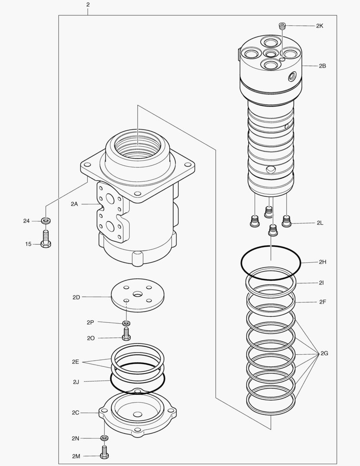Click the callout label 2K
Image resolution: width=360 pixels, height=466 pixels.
(319, 26)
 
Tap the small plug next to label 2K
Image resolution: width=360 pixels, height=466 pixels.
(282, 26)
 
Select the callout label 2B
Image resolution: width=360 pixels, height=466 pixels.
(322, 66)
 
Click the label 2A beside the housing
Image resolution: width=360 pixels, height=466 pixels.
(74, 204)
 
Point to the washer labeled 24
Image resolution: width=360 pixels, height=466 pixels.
(46, 221)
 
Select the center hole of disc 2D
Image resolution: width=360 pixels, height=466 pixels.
(137, 294)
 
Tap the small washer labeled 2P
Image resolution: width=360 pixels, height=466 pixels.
(126, 323)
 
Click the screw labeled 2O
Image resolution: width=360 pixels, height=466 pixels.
(126, 334)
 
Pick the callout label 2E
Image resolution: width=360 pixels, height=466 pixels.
(76, 362)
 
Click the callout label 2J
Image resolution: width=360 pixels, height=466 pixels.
(76, 381)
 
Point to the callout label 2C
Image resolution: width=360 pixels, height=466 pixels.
(76, 412)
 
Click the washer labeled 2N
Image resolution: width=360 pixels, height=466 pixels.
(104, 438)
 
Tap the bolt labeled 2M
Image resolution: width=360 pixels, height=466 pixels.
(104, 453)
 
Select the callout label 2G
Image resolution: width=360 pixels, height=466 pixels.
(324, 353)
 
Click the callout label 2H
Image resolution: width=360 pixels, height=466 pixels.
(322, 262)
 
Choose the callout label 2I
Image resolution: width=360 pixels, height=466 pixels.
(322, 283)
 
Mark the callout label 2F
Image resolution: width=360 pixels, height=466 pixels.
(322, 302)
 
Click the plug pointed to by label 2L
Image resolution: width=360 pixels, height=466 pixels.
(286, 221)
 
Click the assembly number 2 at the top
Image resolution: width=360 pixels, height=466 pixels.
(88, 5)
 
